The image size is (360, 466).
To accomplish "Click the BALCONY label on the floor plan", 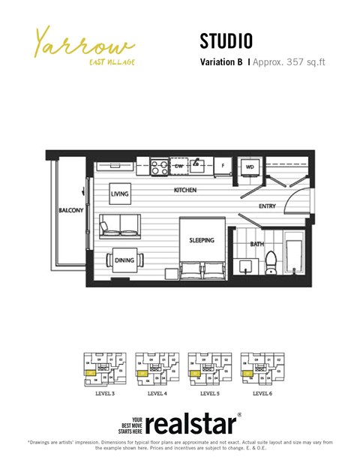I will pos(70,211).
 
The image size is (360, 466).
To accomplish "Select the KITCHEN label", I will pos(185,191).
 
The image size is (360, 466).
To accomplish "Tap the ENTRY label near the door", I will pos(267,206).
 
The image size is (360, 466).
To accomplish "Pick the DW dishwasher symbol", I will pos(179,166).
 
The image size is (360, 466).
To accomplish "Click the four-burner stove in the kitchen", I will pos(159,167).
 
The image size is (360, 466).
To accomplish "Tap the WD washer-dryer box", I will pos(249,167).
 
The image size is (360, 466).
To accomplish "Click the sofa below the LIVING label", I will pos(120,224).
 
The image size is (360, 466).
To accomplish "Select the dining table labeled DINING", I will pos(124,260).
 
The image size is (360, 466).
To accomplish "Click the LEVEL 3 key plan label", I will pos(104,393).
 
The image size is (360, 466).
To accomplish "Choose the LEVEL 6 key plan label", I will pos(262,393).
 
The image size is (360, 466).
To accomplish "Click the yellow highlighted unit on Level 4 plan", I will pos(140,373).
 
